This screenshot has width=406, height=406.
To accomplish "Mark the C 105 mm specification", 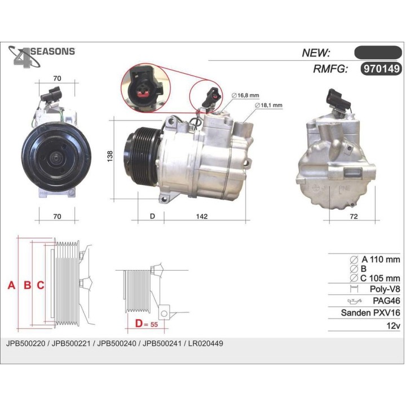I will pos(379,277).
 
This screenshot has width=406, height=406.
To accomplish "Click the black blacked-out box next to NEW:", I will pos(377,52).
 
